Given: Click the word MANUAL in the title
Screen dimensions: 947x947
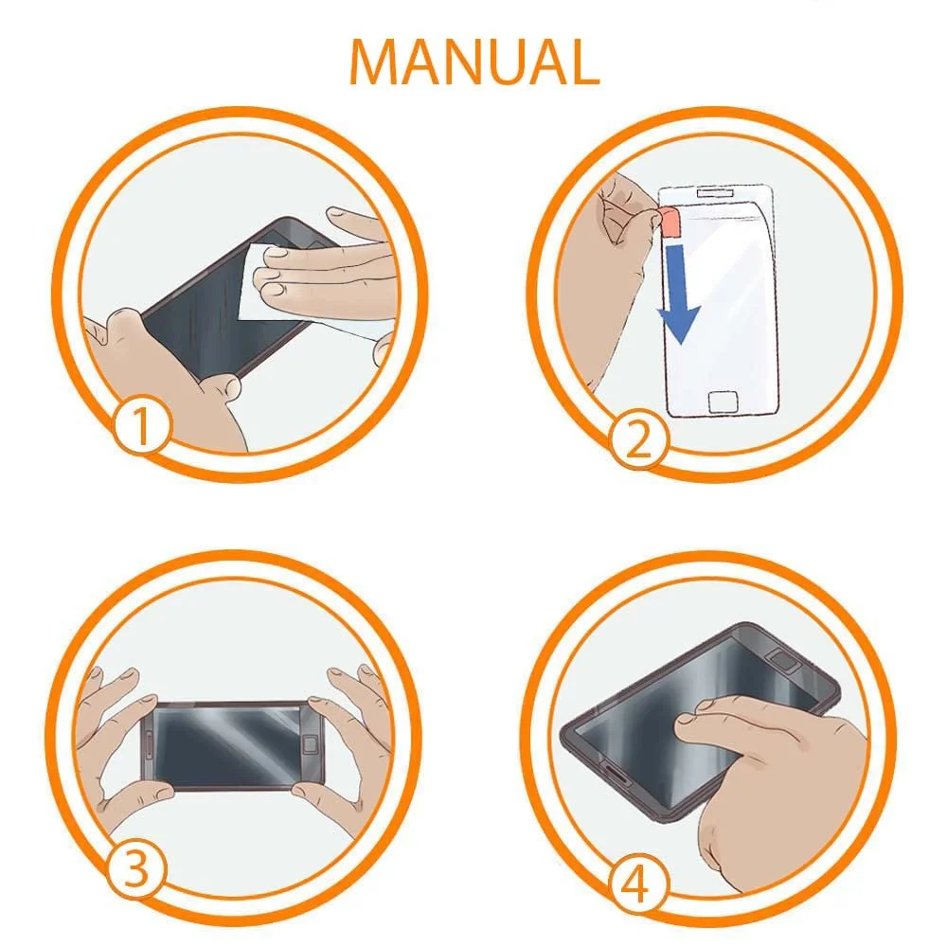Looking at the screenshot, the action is point(474,62).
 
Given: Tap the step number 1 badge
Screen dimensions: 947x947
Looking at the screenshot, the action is point(141,425).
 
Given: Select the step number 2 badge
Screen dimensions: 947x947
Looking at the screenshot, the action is point(638,439).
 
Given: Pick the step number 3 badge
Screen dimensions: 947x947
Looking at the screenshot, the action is point(136,870).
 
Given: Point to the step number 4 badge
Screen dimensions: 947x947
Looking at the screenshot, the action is point(637,885).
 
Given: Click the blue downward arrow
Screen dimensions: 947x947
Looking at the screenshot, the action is point(678,293).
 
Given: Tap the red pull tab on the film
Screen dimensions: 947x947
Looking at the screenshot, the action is point(669,221).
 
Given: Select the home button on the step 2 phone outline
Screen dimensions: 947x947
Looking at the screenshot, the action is point(723,401).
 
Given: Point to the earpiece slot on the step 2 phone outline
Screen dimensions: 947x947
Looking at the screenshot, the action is point(716,193).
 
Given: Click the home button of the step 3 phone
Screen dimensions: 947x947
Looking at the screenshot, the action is point(311,744).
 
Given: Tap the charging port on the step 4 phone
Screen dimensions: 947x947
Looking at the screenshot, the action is point(614,777).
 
